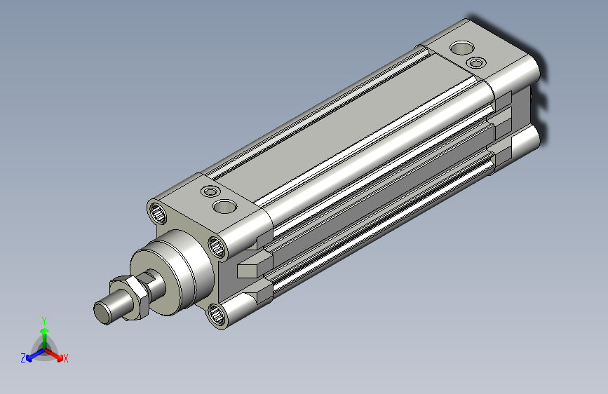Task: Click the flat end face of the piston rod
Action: tap(102, 313)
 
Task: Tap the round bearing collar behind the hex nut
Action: tap(170, 271)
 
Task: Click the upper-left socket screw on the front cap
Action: tap(158, 213)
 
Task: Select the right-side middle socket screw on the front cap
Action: tap(217, 247)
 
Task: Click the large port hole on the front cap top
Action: tap(225, 206)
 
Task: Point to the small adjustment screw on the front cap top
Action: tap(210, 191)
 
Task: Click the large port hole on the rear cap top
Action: tap(462, 48)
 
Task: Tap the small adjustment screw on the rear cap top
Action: tap(477, 62)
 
